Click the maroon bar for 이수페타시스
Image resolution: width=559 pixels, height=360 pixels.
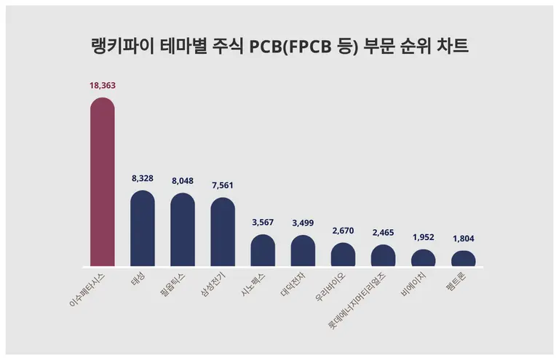(x=102, y=182)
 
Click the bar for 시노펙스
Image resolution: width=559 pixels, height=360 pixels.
(x=263, y=251)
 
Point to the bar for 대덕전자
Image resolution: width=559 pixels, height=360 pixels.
(x=303, y=251)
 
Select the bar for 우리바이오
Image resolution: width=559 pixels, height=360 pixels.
(x=343, y=255)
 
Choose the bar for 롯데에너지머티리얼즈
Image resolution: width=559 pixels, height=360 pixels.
(x=383, y=256)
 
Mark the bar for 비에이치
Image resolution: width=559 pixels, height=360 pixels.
(x=423, y=259)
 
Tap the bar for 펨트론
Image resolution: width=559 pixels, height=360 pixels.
(x=463, y=260)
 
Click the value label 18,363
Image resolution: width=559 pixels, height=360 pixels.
(x=102, y=85)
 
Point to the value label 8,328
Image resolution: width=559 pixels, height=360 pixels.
(x=143, y=178)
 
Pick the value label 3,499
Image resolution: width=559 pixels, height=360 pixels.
(x=303, y=223)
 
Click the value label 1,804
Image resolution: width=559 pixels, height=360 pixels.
(x=463, y=239)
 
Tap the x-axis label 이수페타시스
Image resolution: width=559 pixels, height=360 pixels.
(x=87, y=289)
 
